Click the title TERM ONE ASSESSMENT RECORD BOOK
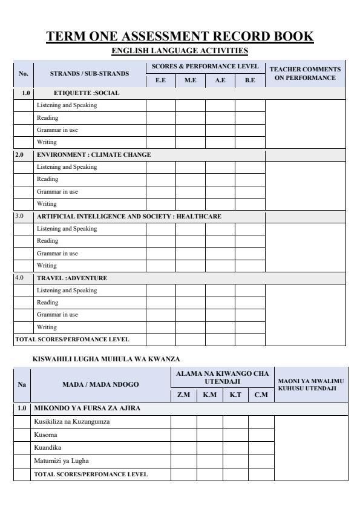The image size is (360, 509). pos(180,36)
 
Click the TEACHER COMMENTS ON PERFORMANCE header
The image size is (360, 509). pos(306,73)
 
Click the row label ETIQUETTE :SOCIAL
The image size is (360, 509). pos(87,93)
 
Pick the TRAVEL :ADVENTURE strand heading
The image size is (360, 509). pos(72,278)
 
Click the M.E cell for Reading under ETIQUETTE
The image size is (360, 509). pos(191,117)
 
